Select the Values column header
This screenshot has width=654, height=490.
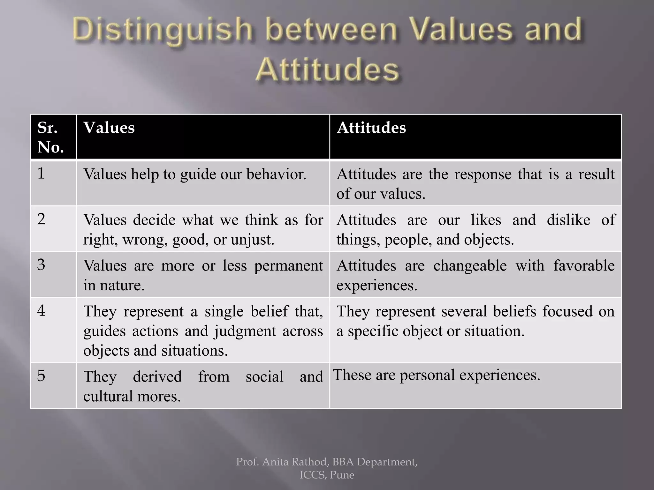pyautogui.click(x=109, y=128)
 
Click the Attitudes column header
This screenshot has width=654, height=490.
pyautogui.click(x=371, y=128)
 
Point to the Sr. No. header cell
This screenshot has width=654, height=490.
pyautogui.click(x=51, y=137)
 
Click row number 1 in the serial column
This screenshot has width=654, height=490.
pyautogui.click(x=41, y=173)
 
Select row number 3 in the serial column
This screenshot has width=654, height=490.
pyautogui.click(x=41, y=264)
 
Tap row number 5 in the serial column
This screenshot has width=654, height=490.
pyautogui.click(x=41, y=375)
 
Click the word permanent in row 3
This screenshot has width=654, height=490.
pyautogui.click(x=288, y=266)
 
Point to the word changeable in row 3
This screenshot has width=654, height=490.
pyautogui.click(x=470, y=266)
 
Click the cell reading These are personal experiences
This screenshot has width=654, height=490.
pyautogui.click(x=437, y=375)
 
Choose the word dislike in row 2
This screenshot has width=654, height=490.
pyautogui.click(x=568, y=220)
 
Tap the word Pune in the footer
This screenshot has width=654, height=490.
pyautogui.click(x=342, y=475)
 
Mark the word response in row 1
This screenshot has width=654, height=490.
pyautogui.click(x=482, y=174)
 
